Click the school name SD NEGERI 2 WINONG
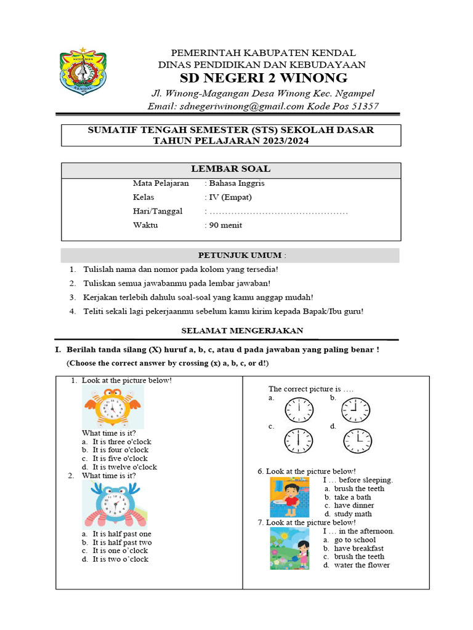tap(263, 78)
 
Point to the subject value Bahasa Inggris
tap(237, 183)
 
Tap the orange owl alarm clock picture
tap(112, 407)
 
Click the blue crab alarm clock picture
tap(113, 504)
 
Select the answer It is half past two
tap(122, 543)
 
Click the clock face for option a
tap(298, 409)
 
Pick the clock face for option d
tap(358, 439)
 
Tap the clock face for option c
tap(298, 439)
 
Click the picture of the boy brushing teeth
tap(289, 497)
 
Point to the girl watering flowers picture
tap(289, 548)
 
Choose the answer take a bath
tap(352, 497)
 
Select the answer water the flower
tap(362, 565)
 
